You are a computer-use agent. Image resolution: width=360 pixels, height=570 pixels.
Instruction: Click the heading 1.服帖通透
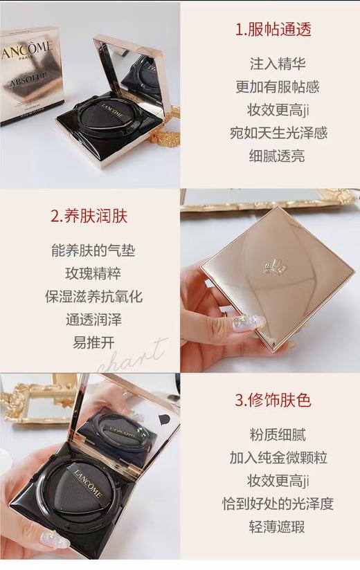click(x=273, y=29)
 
